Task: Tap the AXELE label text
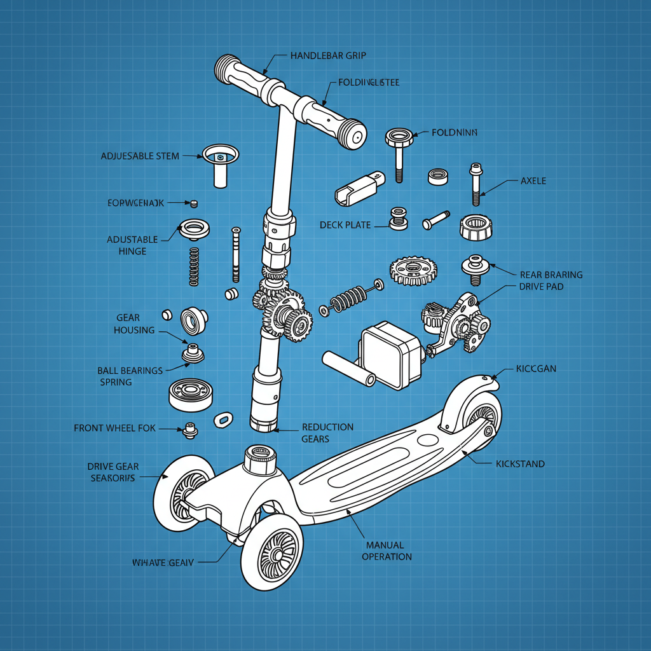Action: pyautogui.click(x=533, y=181)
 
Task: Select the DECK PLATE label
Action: pyautogui.click(x=345, y=225)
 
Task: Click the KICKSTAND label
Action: pyautogui.click(x=519, y=464)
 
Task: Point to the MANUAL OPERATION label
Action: pyautogui.click(x=387, y=551)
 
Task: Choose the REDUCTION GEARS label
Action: pyautogui.click(x=327, y=433)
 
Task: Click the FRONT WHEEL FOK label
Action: pyautogui.click(x=114, y=428)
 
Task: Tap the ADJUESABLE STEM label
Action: pyautogui.click(x=140, y=156)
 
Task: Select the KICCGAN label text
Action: pyautogui.click(x=536, y=369)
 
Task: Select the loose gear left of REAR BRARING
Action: pyautogui.click(x=414, y=270)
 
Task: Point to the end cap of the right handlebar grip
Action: pyautogui.click(x=354, y=134)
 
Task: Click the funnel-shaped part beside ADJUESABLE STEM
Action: pyautogui.click(x=220, y=164)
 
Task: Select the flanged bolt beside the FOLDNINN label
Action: pyautogui.click(x=399, y=153)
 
